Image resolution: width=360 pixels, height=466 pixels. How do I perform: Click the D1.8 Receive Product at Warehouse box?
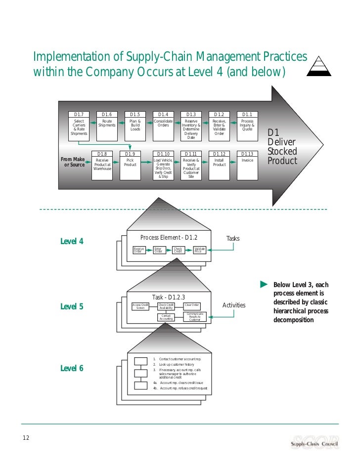point(102,165)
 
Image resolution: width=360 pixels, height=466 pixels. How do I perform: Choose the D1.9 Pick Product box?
point(130,165)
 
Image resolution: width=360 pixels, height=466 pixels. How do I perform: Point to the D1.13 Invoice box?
point(247,165)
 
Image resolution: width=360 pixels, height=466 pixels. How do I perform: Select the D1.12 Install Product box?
point(219,165)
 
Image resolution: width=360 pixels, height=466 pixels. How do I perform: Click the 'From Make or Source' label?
point(73,162)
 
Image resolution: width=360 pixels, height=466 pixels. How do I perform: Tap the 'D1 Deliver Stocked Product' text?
point(282,147)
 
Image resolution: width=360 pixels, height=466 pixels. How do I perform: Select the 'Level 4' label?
point(72,242)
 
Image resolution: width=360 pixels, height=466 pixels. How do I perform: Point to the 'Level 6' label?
point(72,368)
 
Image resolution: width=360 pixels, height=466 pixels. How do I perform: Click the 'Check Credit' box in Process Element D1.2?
point(178,251)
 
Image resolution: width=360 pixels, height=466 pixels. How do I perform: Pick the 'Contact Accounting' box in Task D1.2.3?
point(166,317)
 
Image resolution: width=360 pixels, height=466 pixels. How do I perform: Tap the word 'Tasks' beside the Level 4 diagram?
point(232,238)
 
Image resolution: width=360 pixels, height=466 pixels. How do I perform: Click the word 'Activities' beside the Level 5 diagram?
point(233,305)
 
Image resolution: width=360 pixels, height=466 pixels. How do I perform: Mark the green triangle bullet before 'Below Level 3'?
point(264,284)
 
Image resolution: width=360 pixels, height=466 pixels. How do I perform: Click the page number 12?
point(26,437)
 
